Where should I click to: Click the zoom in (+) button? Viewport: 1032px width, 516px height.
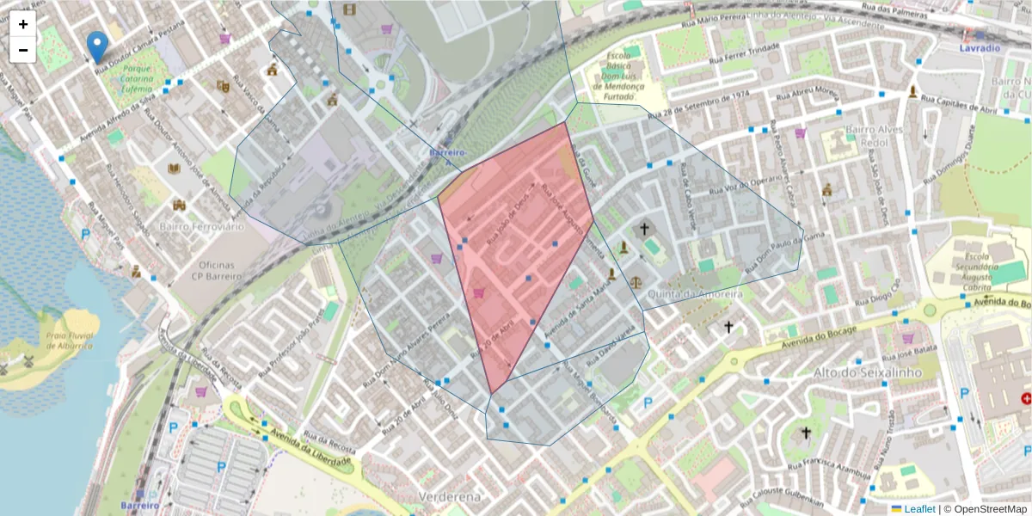tap(23, 24)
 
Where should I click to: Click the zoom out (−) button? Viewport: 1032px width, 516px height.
tap(23, 50)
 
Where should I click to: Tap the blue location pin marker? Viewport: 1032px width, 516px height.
tap(98, 46)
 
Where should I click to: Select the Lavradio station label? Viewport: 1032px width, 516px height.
tap(980, 48)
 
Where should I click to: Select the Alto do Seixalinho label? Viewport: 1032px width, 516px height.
tap(867, 372)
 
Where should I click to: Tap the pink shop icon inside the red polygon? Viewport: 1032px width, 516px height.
tap(478, 292)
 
